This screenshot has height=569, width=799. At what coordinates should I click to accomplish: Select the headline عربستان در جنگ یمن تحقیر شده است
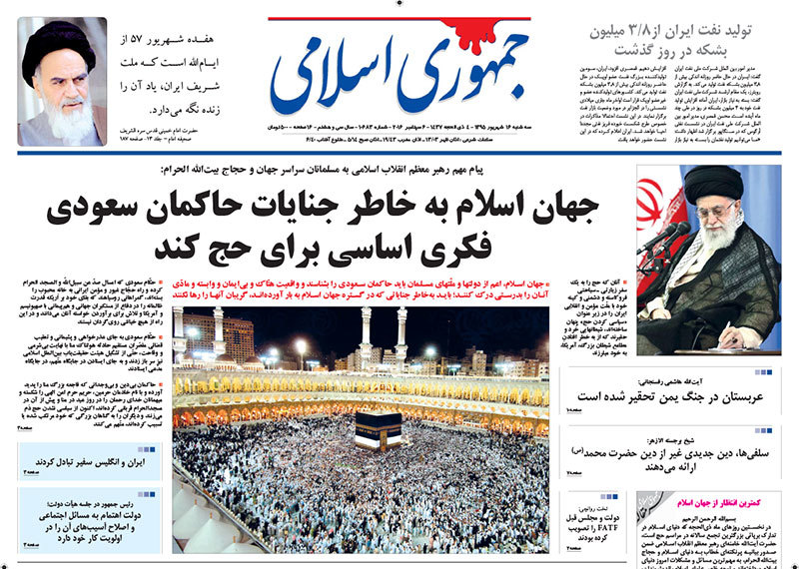tap(678, 393)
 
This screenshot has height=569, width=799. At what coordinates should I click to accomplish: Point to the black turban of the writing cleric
tap(717, 184)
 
